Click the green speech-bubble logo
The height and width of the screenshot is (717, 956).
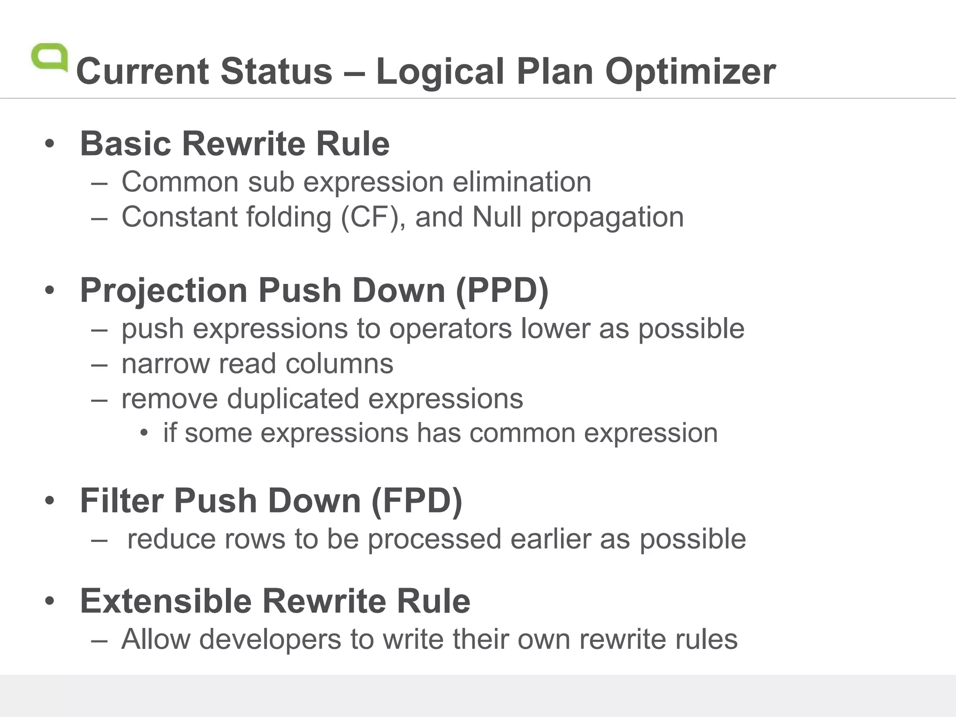tap(49, 57)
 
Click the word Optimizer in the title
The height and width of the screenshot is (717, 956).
tap(690, 71)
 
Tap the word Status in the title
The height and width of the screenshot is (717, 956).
tap(276, 71)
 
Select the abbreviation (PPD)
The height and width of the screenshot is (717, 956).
tap(502, 290)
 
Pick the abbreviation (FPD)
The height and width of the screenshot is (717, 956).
tap(416, 501)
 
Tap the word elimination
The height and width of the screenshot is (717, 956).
tap(521, 182)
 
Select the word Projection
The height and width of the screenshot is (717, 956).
tap(163, 290)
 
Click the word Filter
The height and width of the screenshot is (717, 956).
tap(121, 501)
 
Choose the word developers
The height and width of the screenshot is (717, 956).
tap(270, 639)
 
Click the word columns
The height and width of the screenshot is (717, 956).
tap(339, 364)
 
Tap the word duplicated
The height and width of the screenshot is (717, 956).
tap(293, 399)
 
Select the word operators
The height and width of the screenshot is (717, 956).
tap(450, 329)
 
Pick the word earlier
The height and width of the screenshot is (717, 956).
tap(550, 539)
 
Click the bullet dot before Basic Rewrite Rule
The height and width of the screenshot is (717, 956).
tap(50, 144)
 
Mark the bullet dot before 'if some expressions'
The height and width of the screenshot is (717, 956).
tap(144, 434)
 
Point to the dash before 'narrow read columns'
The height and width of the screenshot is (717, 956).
tap(99, 364)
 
